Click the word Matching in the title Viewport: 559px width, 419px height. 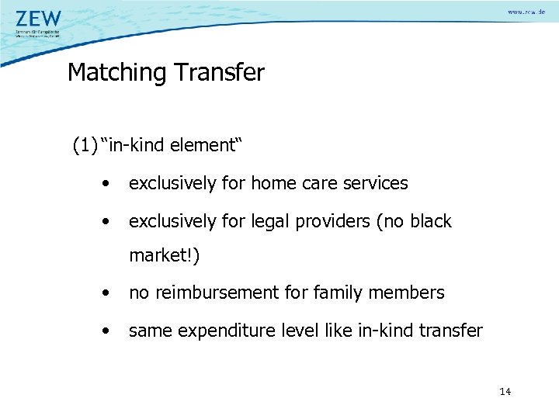[x=116, y=73]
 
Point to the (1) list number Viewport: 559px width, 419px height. [x=85, y=145]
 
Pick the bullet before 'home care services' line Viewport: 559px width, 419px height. [x=105, y=184]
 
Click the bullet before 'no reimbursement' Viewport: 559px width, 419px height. [x=105, y=293]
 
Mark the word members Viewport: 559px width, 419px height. [x=408, y=293]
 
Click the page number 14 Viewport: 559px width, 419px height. [x=505, y=392]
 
